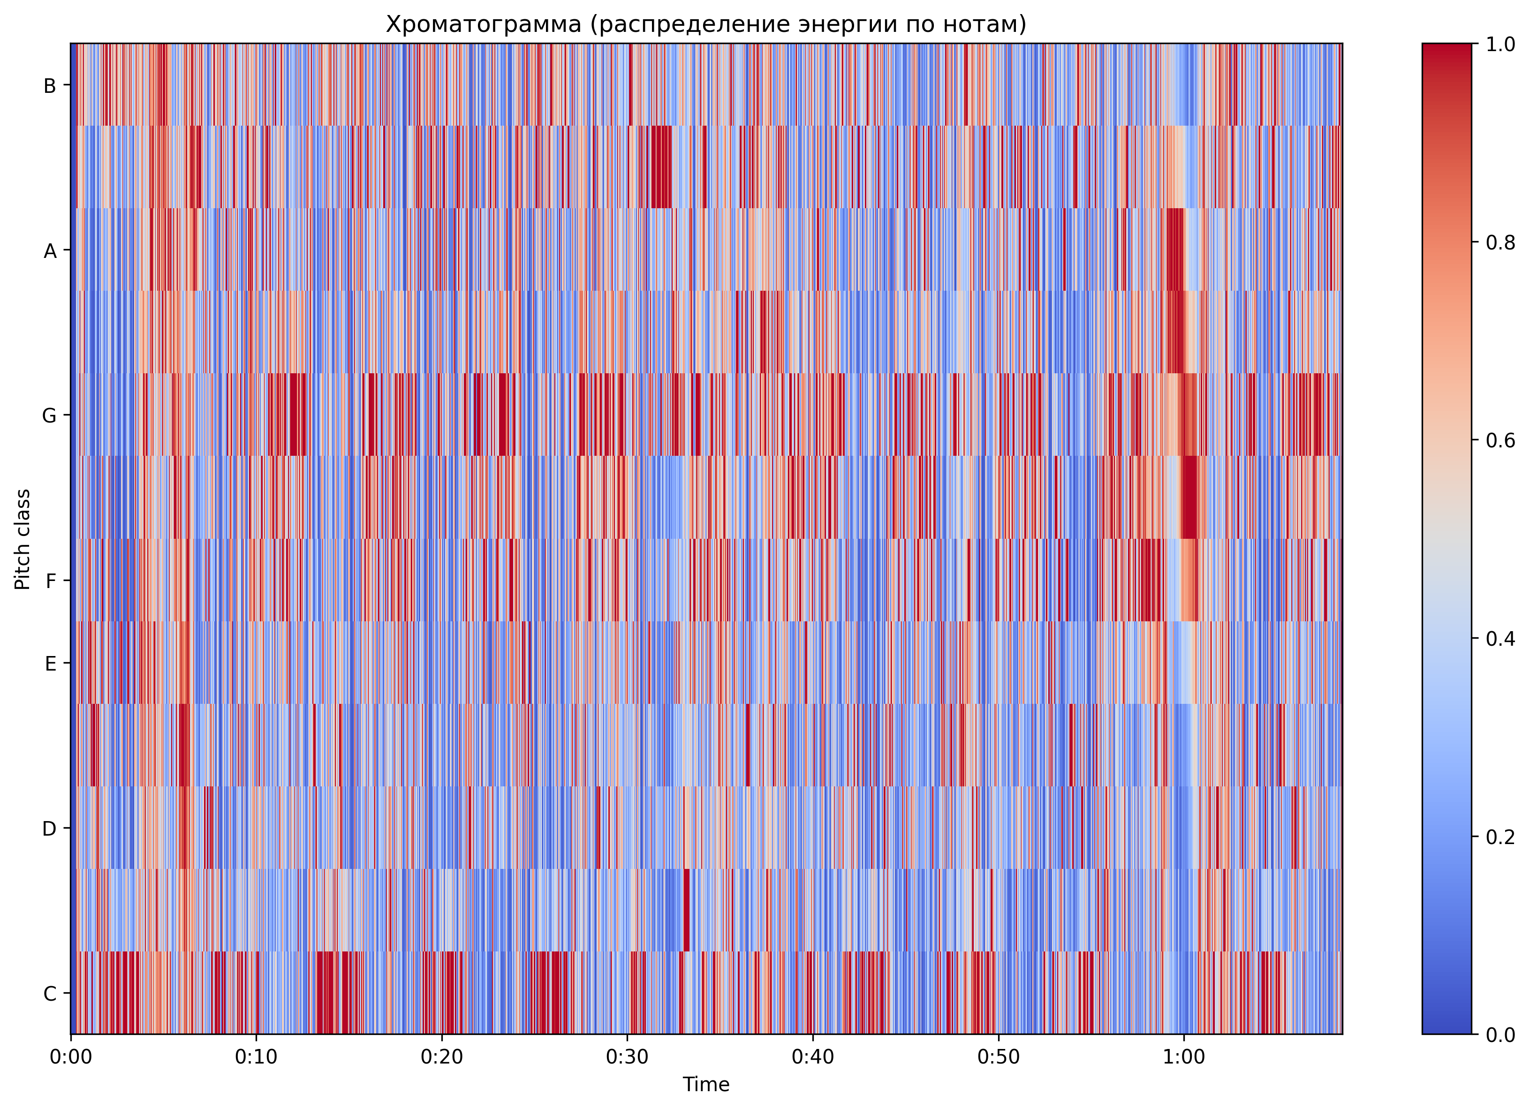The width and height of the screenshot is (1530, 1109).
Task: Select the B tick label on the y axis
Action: tap(50, 86)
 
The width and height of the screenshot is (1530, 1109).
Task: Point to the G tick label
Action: tap(50, 416)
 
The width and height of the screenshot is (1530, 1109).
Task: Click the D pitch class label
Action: tap(50, 829)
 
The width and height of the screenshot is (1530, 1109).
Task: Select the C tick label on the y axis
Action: tap(50, 994)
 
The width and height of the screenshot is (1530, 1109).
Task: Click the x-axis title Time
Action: tap(706, 1085)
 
